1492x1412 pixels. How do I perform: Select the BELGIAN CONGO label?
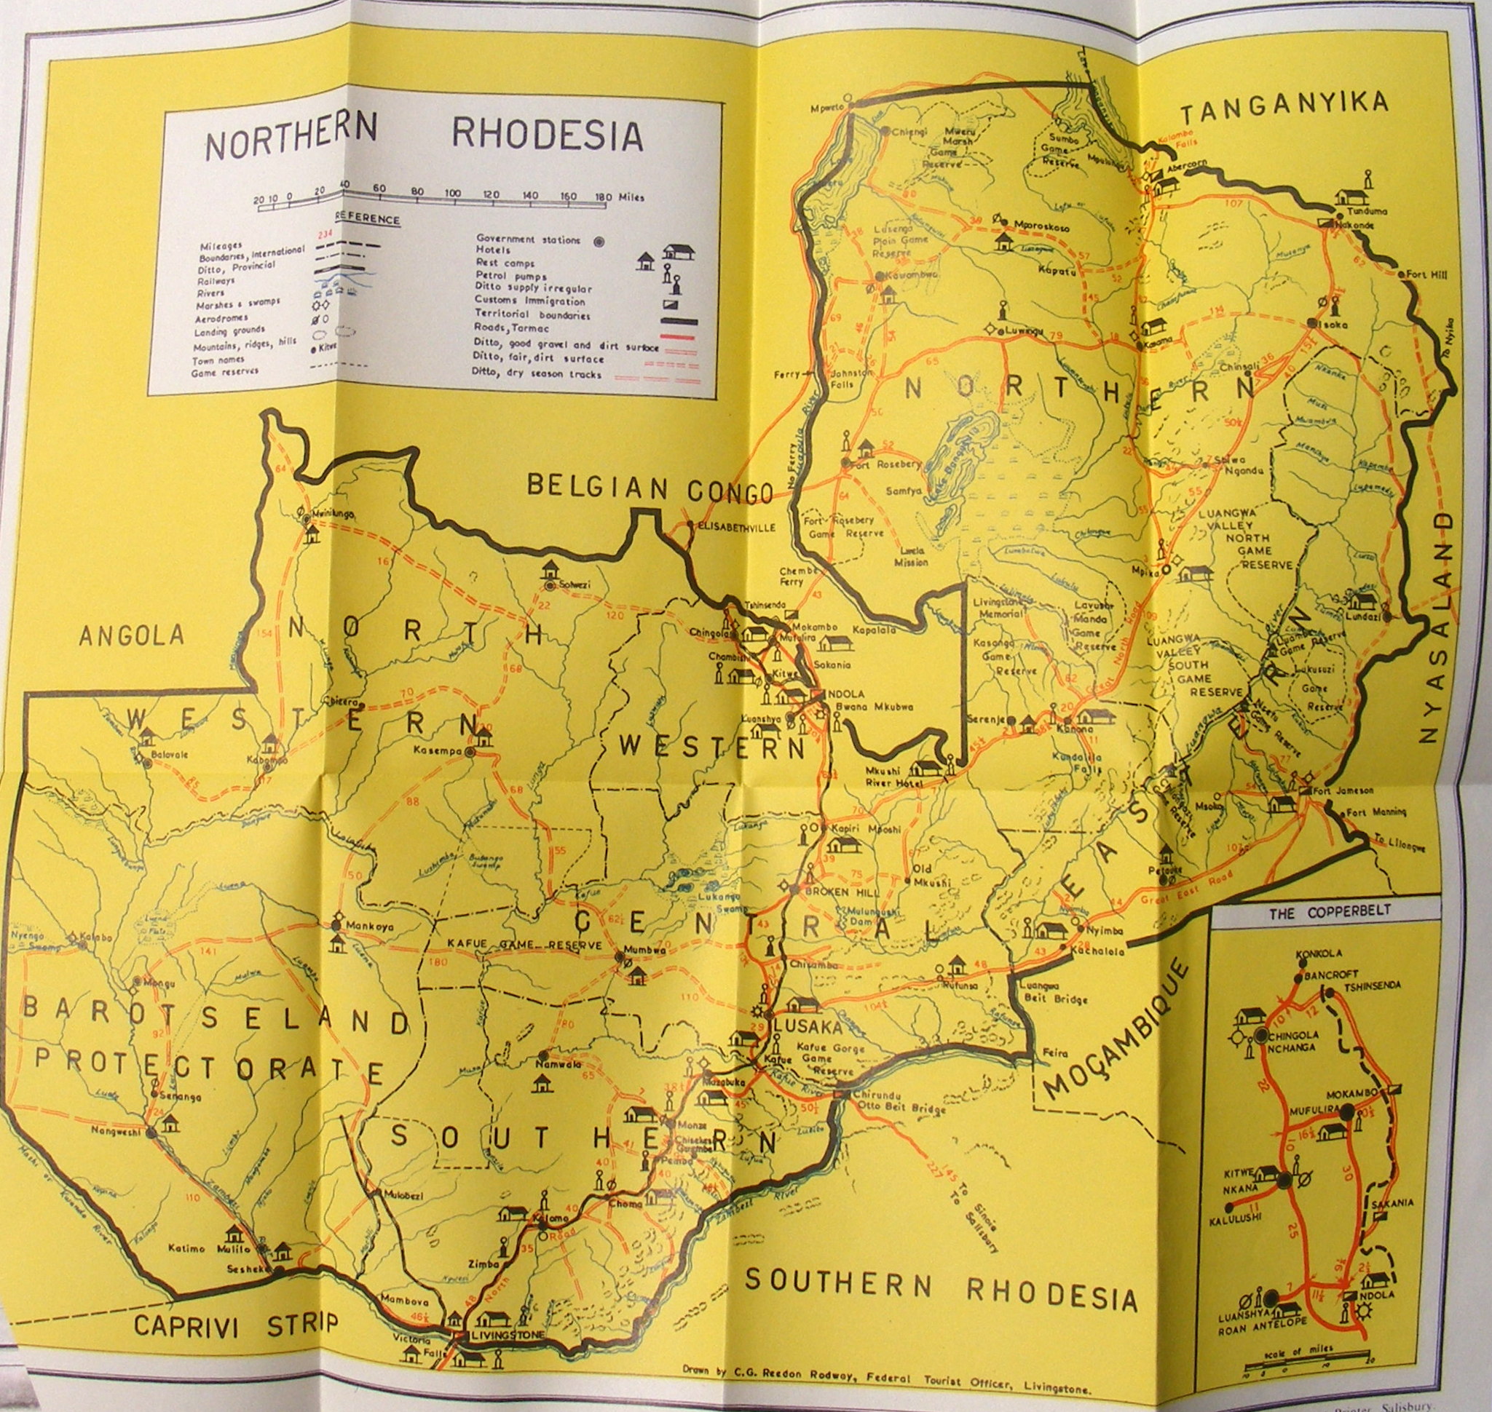(x=649, y=488)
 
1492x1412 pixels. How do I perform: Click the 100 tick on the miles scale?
(x=452, y=193)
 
